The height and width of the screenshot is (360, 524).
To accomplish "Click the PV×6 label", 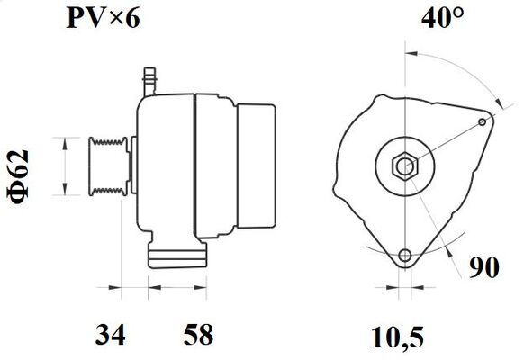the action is [x=103, y=19].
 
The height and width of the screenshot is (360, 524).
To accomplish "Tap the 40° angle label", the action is [x=443, y=18].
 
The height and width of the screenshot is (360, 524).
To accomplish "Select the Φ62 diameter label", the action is [x=18, y=176].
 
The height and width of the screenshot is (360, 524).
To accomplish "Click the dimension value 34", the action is [x=110, y=334].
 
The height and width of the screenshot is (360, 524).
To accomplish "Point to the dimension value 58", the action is [x=198, y=334].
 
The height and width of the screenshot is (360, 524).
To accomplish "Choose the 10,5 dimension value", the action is [x=397, y=337].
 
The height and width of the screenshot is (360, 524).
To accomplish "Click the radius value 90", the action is [x=483, y=267].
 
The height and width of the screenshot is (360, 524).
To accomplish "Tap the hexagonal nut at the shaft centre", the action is [x=405, y=166].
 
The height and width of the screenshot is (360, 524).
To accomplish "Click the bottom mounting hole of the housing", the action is [x=405, y=256].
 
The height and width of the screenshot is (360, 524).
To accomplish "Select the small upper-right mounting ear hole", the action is [x=483, y=121].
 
